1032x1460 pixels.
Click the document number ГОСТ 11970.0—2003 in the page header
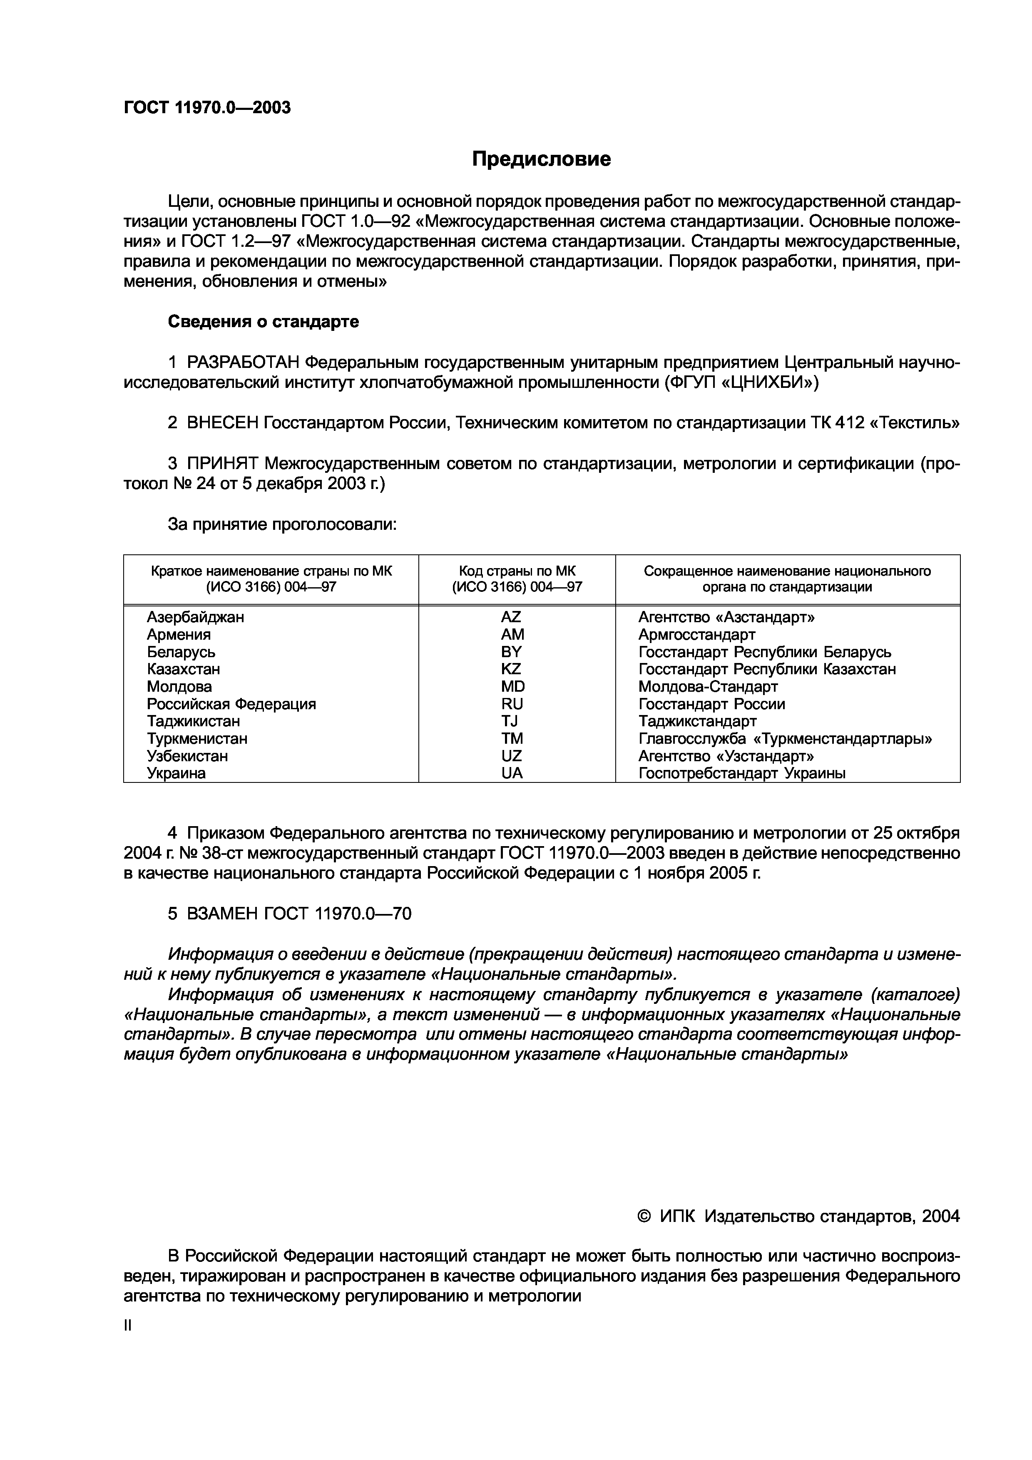tap(206, 107)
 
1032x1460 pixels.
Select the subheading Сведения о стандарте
tap(263, 322)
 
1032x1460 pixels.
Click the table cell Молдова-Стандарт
tap(708, 687)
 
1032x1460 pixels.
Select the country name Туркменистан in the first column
tap(197, 739)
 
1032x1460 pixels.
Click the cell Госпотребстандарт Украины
tap(742, 774)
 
